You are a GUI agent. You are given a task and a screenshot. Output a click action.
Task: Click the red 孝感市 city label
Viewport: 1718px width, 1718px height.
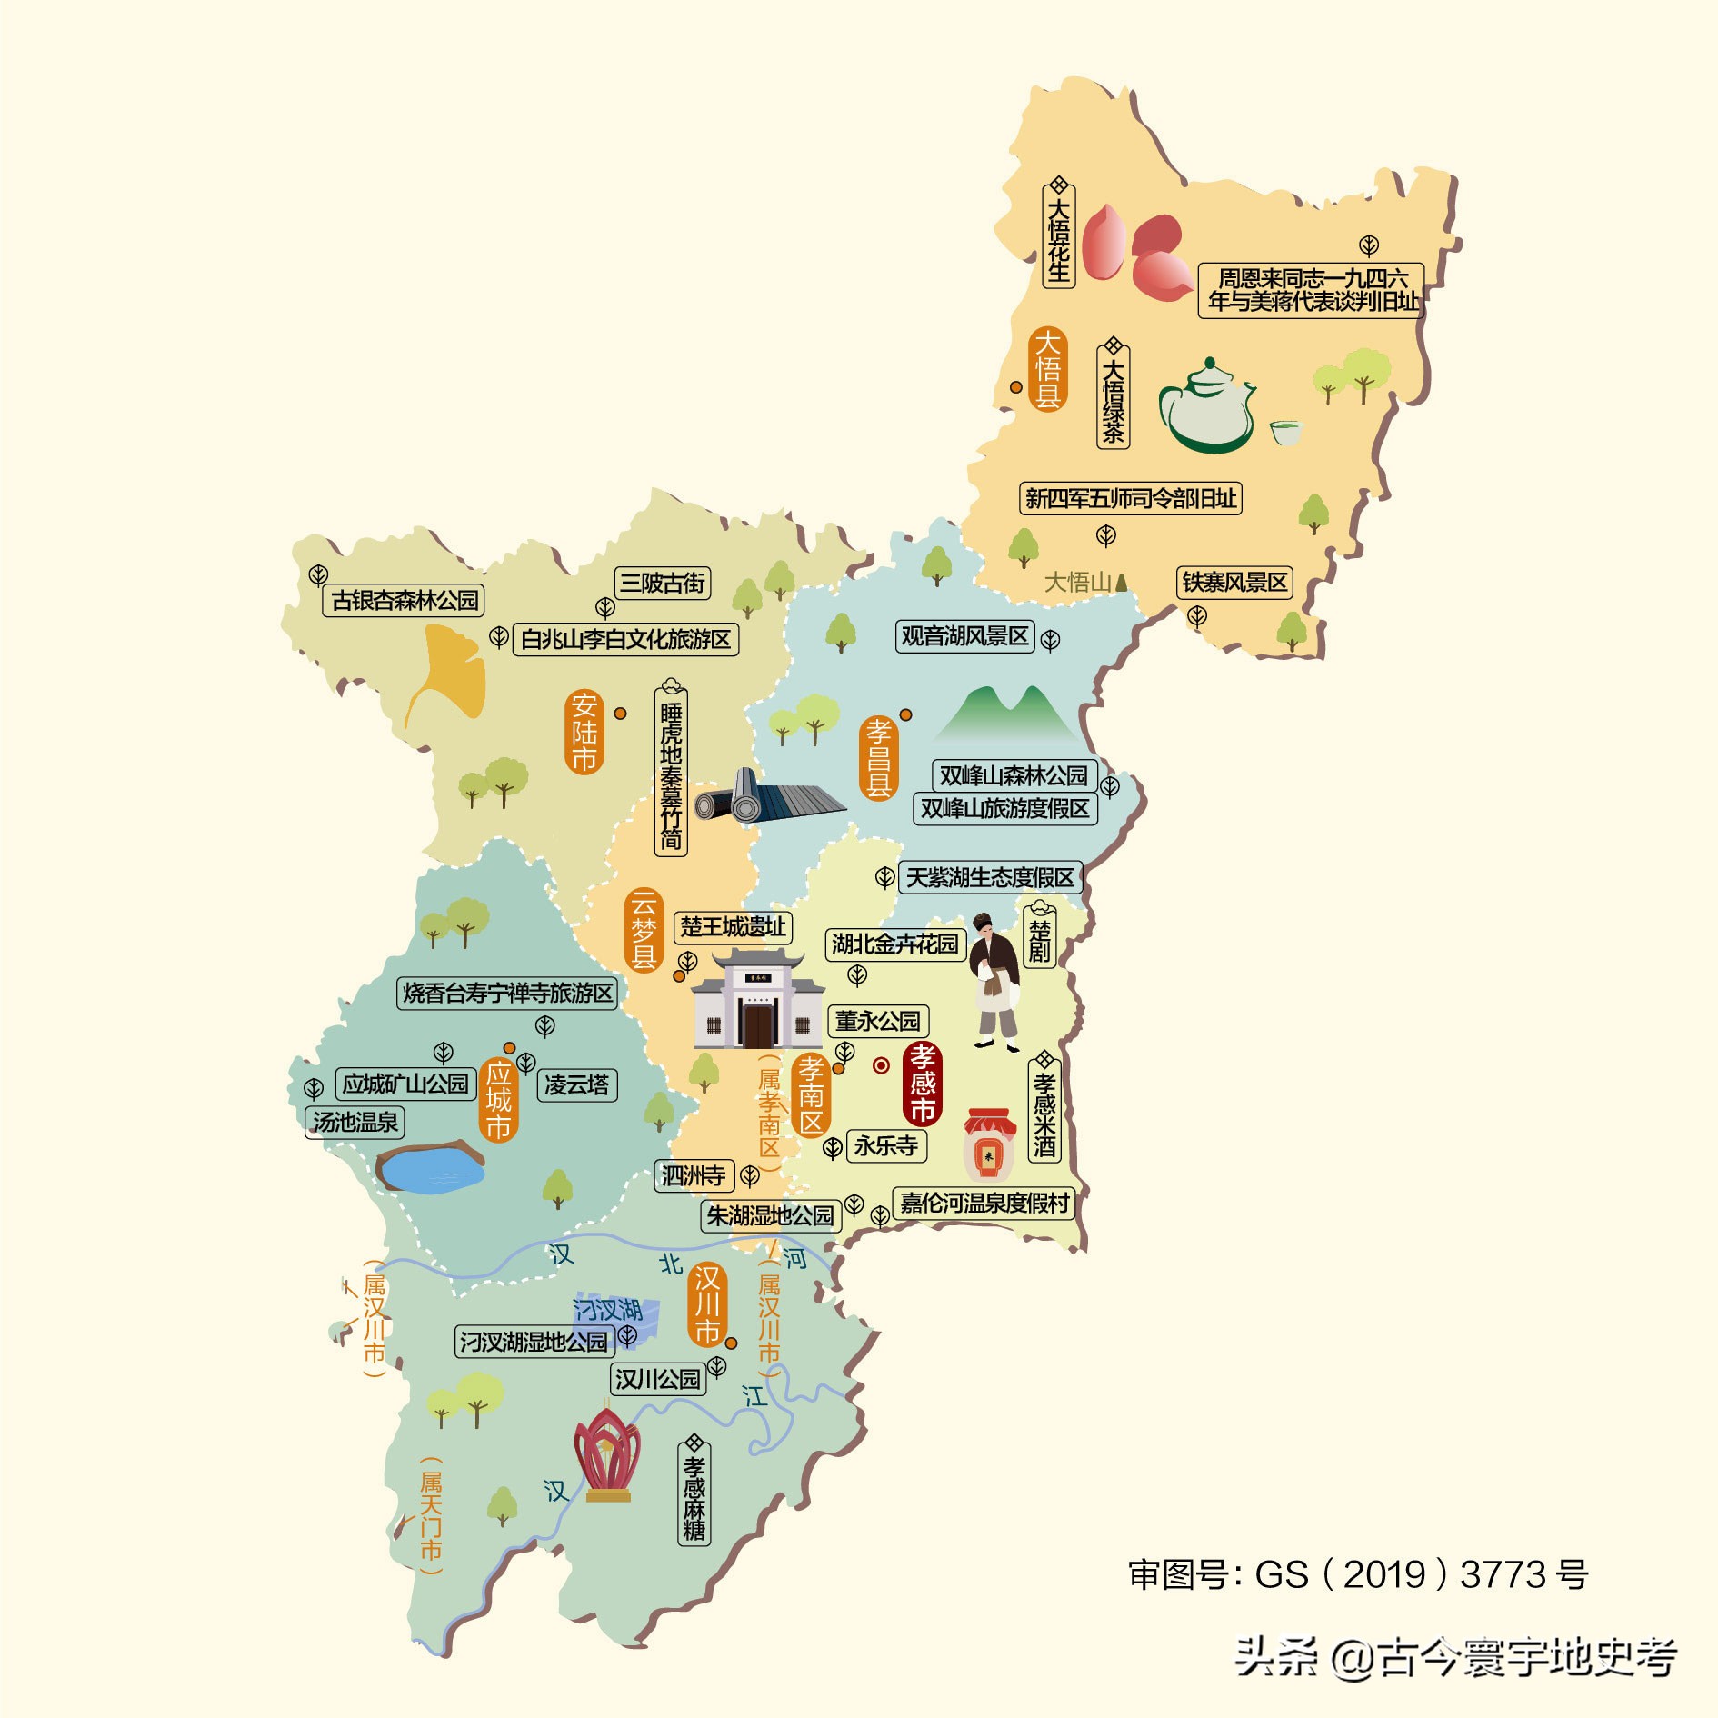click(922, 1083)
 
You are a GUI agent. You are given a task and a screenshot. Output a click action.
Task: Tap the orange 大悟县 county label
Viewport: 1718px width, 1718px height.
click(1047, 368)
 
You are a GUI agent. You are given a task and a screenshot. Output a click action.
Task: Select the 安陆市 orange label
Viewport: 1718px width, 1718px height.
click(584, 732)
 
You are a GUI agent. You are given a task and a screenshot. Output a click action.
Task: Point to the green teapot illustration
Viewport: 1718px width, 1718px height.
click(1206, 405)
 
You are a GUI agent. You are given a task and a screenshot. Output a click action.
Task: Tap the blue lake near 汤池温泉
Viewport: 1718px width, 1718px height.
click(430, 1167)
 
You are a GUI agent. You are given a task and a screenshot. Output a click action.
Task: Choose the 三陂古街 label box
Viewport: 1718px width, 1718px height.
click(662, 583)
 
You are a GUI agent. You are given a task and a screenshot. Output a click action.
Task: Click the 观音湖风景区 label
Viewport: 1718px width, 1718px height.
click(964, 636)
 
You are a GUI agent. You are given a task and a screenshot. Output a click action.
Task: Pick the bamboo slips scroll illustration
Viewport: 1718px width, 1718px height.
click(768, 797)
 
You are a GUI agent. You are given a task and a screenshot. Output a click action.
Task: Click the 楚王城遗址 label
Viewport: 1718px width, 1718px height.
click(733, 926)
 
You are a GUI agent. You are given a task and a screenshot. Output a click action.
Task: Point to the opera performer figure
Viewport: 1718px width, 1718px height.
click(994, 980)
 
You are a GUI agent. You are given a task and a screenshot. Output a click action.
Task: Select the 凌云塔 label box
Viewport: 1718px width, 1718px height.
click(577, 1084)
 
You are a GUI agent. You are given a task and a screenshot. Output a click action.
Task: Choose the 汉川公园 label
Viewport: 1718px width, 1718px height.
click(658, 1379)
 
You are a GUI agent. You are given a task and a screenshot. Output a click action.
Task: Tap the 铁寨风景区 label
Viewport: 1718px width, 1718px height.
click(1234, 582)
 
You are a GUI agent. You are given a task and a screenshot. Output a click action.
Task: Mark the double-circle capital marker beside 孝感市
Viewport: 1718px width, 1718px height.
click(881, 1065)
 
